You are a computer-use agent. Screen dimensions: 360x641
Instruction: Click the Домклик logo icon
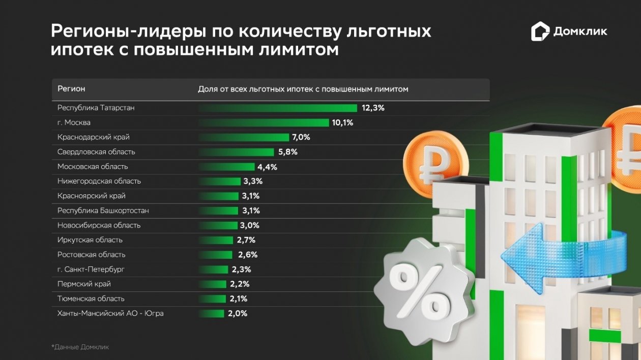point(540,32)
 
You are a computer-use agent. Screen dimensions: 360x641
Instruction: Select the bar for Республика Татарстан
point(277,108)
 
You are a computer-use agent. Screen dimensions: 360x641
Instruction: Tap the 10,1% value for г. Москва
point(342,123)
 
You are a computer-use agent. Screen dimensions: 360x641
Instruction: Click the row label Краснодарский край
point(94,137)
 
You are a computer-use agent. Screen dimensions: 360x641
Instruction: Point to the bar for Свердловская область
point(236,152)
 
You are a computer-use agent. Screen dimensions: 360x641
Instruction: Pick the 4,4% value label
point(267,167)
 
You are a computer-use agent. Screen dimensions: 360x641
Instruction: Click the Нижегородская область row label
point(99,181)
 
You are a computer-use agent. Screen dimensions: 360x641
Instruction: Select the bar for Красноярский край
point(218,196)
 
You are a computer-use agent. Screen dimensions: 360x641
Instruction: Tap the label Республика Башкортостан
point(103,211)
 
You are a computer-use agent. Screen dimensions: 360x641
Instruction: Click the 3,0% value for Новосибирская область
point(249,225)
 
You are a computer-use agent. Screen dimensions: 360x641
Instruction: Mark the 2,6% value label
point(248,255)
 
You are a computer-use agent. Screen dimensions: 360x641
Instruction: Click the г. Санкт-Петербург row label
point(91,269)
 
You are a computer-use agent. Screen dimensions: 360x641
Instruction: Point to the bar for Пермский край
point(212,284)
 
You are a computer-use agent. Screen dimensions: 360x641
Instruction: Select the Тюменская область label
point(91,298)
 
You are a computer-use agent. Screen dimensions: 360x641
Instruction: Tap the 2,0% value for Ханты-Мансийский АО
point(238,313)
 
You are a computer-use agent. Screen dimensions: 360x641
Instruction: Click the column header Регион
point(71,89)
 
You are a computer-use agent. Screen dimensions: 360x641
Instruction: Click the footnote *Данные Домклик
point(80,347)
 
